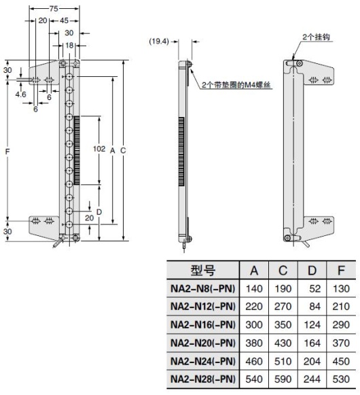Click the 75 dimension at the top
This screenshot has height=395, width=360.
coord(54,8)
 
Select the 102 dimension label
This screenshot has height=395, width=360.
coord(99,148)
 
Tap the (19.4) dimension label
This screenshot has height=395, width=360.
coord(160,41)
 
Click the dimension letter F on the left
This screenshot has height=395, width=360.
coord(7,150)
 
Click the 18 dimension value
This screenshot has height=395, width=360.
coord(70,45)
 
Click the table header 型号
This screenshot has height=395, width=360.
coord(203,271)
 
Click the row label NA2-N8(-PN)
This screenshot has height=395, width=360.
coord(203,288)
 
